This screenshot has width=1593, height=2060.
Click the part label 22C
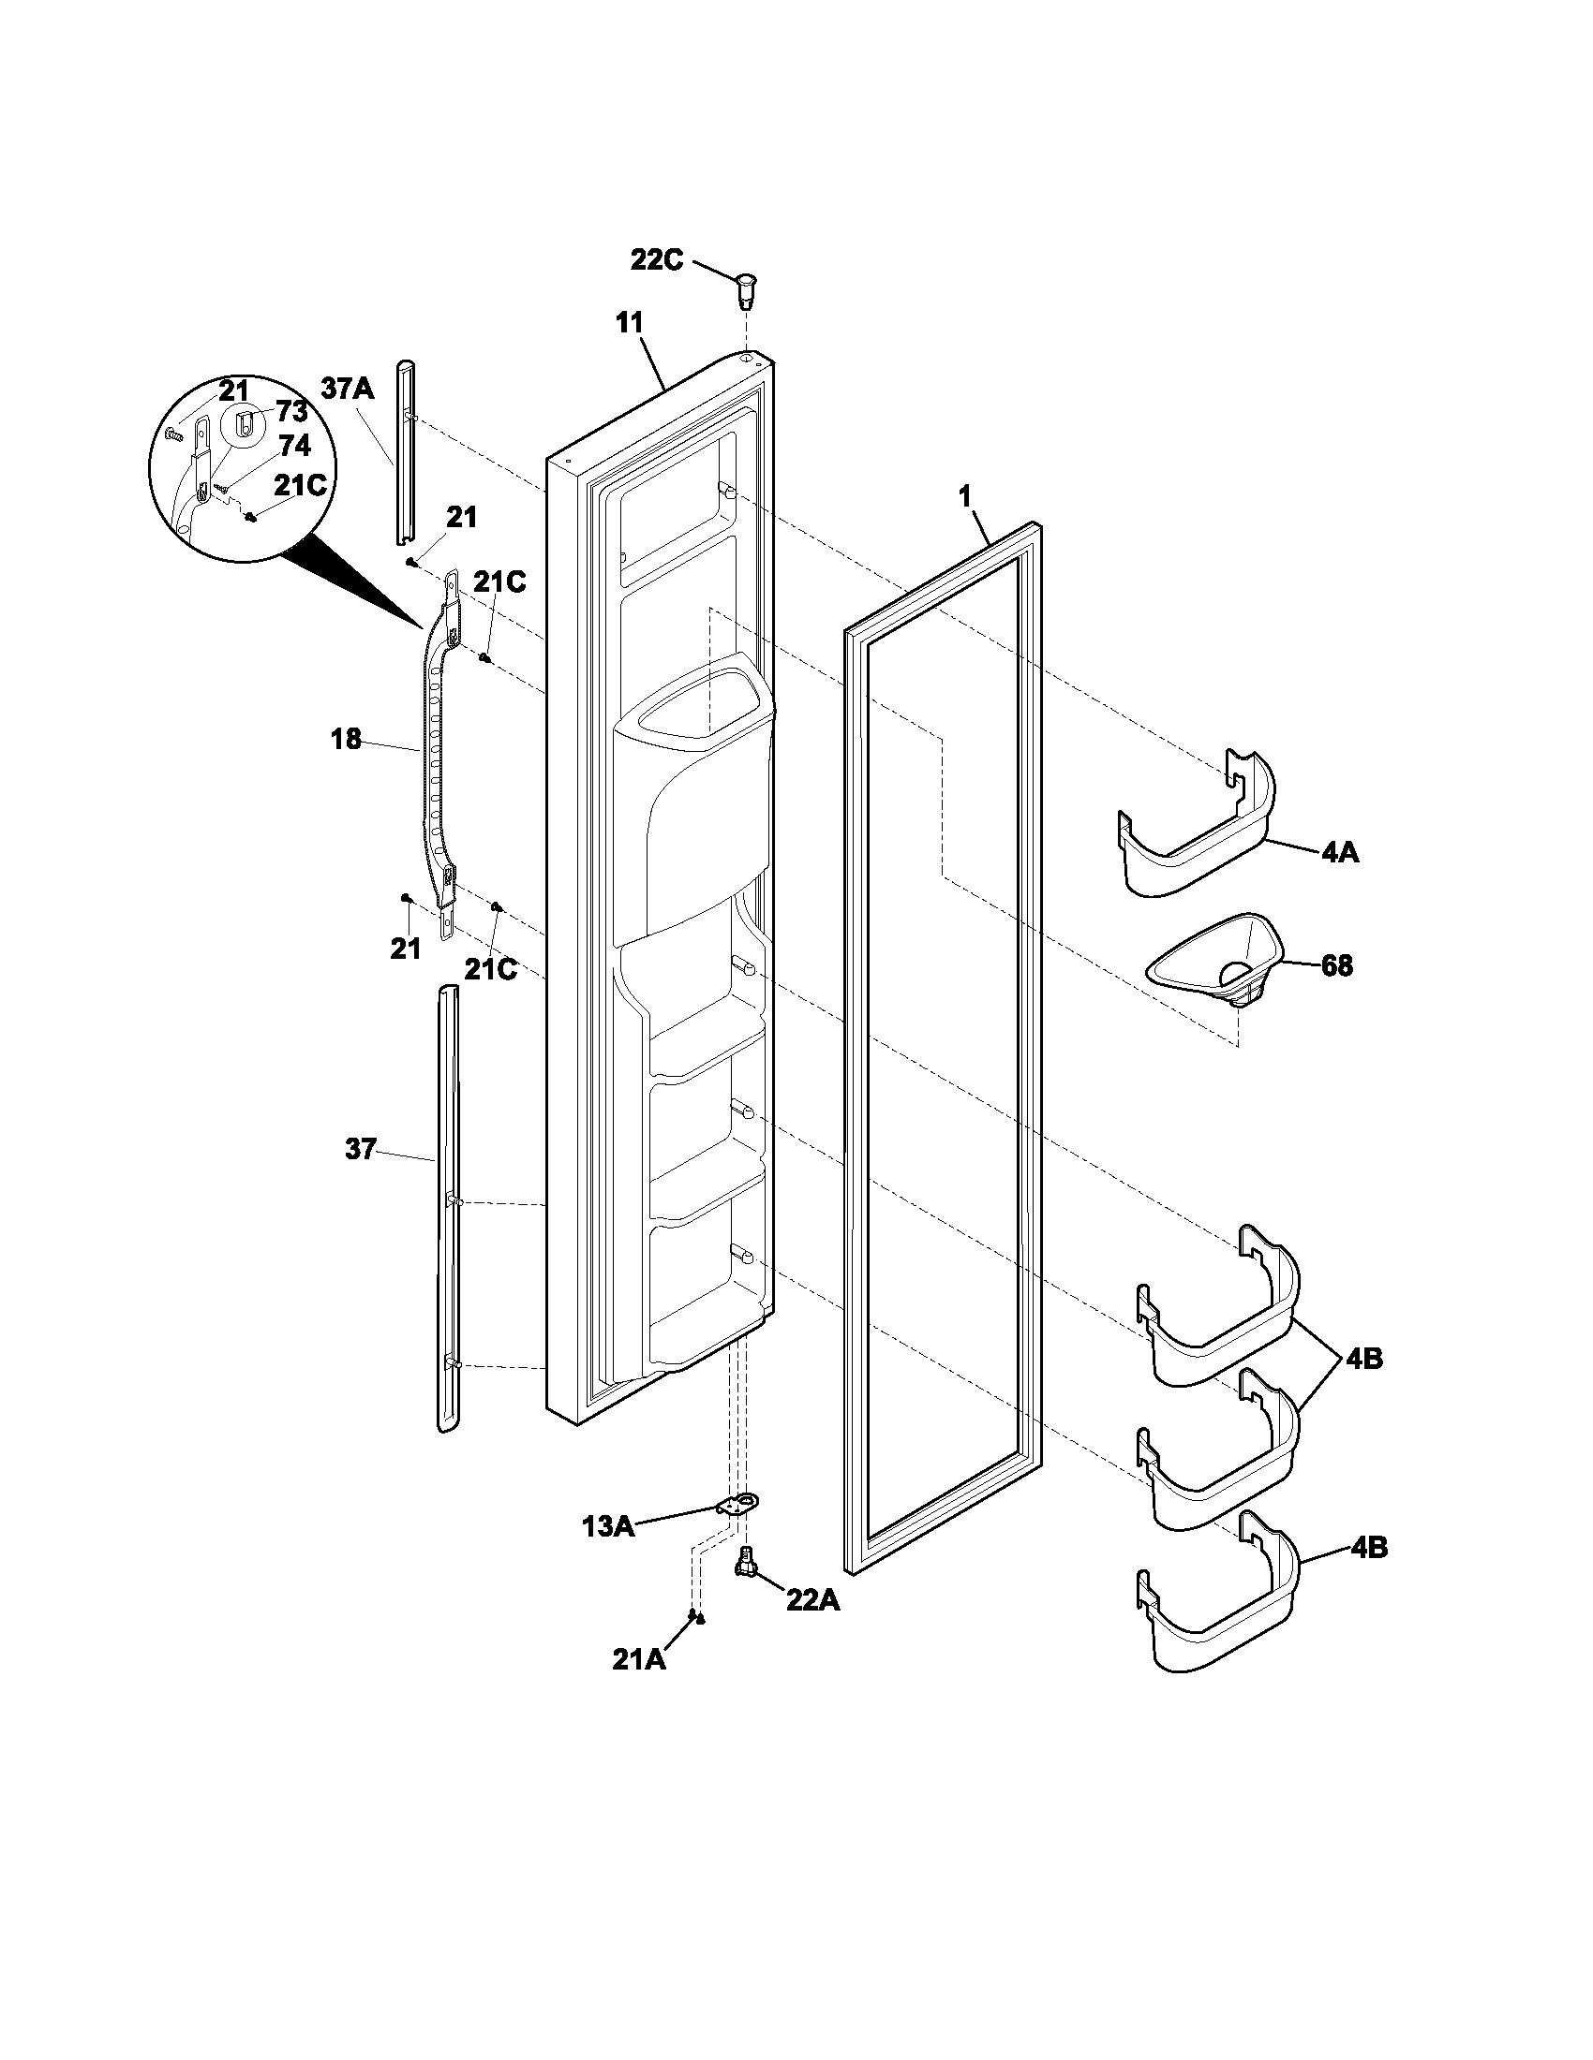pos(656,259)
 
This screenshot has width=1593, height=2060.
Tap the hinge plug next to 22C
pos(746,287)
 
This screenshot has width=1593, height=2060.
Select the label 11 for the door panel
pos(629,323)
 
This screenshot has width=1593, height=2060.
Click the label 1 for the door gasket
pos(964,497)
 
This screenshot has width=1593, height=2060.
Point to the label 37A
pos(348,389)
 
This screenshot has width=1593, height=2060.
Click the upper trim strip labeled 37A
pos(404,453)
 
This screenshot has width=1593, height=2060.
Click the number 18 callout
pos(346,740)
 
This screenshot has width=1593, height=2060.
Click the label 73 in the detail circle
pos(291,412)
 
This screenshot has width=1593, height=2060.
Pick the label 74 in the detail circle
pos(294,445)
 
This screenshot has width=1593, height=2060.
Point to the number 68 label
pos(1336,966)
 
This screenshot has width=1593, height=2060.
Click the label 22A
pos(812,1599)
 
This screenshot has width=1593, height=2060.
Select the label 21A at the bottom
pos(639,1660)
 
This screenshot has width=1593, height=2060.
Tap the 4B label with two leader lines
pos(1365,1360)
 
